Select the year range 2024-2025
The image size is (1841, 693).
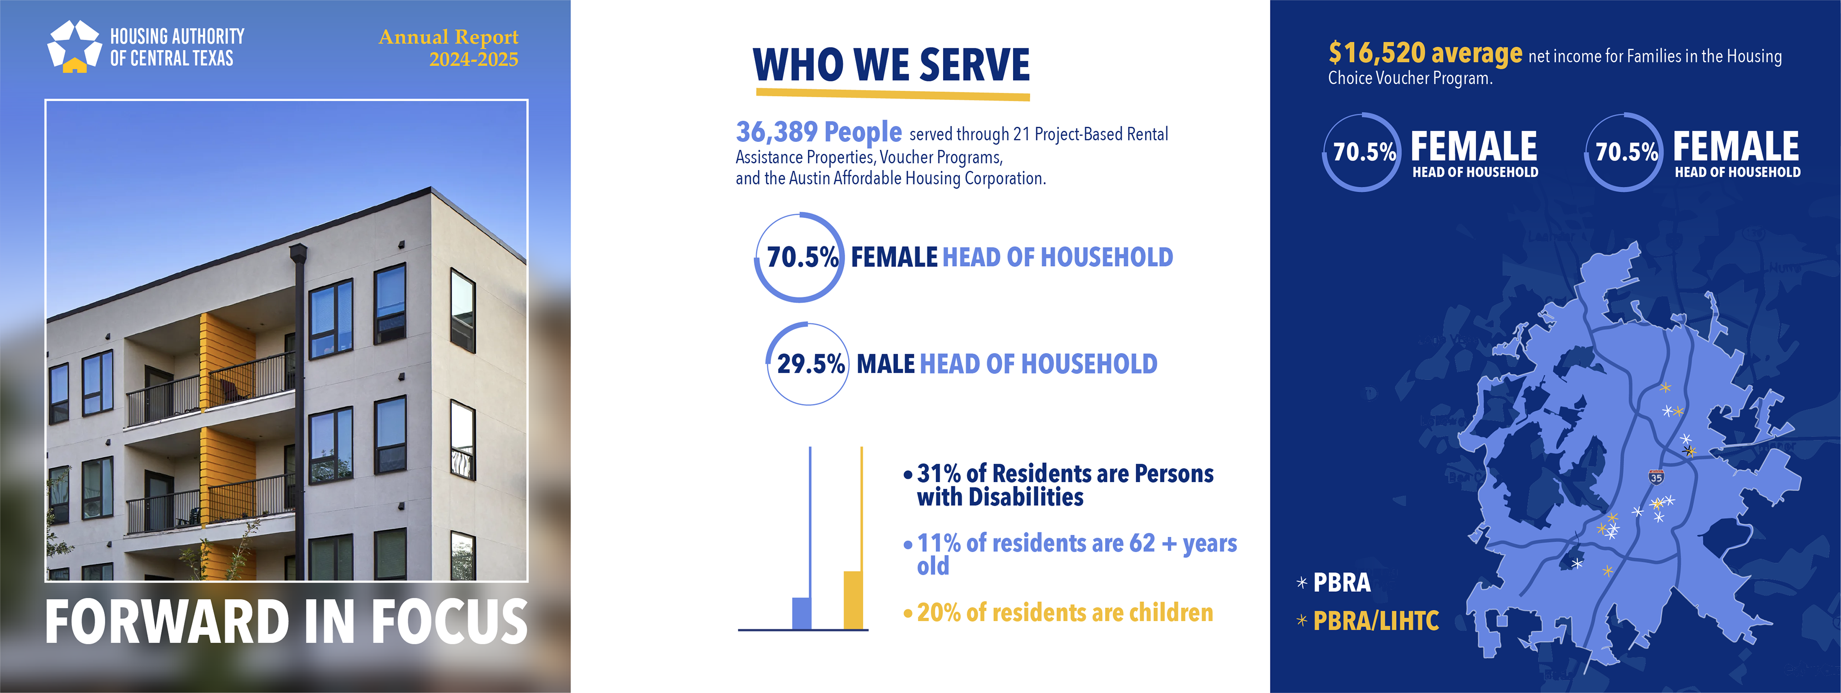(473, 59)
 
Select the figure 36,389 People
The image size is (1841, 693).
(818, 132)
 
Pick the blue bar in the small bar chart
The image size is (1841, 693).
(802, 612)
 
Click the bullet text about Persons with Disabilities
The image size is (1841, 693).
(1065, 485)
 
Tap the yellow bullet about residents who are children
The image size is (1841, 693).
(1064, 613)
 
